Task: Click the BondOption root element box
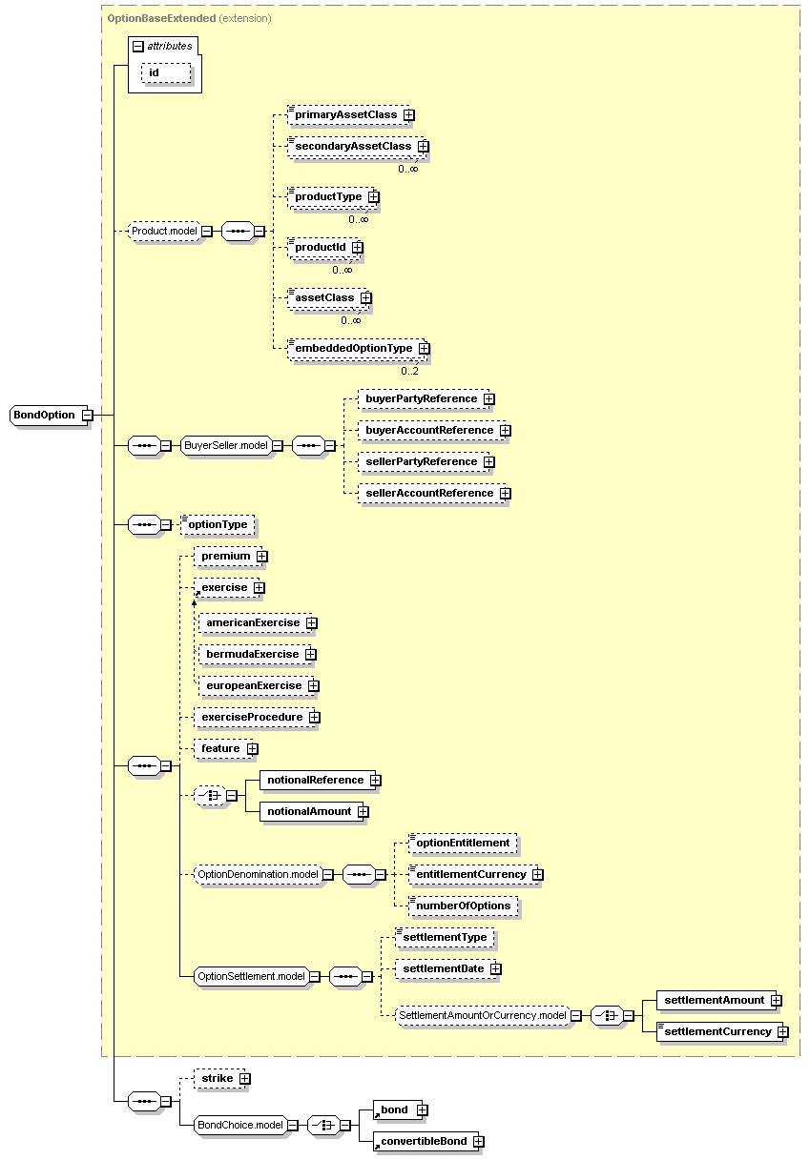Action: tap(50, 416)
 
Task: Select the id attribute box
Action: tap(166, 73)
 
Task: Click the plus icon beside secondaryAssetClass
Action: tap(424, 147)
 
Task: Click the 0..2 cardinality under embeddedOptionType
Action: tap(409, 371)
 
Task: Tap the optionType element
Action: tap(218, 524)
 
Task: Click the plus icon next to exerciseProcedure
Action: tap(315, 717)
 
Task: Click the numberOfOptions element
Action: tap(464, 906)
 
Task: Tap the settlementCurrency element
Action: tap(719, 1032)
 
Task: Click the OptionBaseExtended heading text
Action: tap(161, 19)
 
